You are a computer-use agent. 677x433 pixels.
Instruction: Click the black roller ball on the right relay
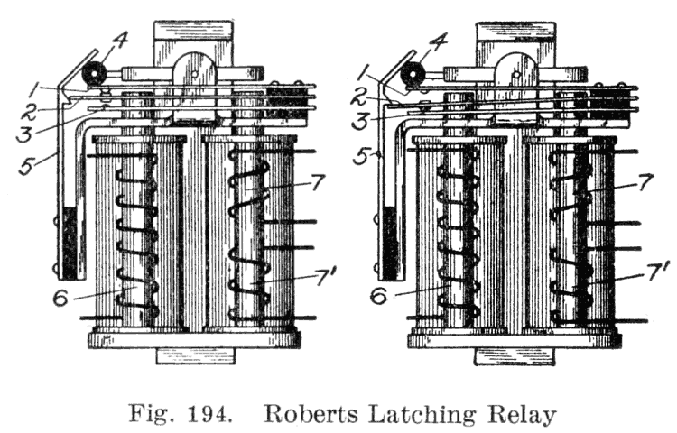pyautogui.click(x=413, y=75)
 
